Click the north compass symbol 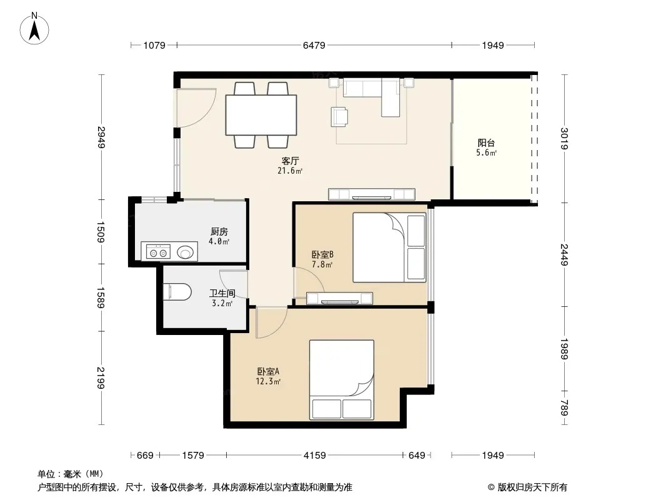pos(34,29)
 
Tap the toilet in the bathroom pos(177,292)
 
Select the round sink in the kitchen pos(185,252)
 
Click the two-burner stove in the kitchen pos(159,251)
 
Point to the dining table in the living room pos(261,115)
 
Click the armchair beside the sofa pos(339,116)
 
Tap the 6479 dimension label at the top pos(314,45)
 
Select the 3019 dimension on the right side pos(564,139)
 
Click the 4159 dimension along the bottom pos(315,456)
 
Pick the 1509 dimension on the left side pos(101,231)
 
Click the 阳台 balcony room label pos(486,142)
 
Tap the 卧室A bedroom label pos(268,371)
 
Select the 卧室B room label pos(323,254)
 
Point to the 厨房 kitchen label pos(219,231)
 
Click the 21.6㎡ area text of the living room pos(290,171)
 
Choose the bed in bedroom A pos(342,380)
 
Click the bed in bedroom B pos(389,247)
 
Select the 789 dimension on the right pos(564,407)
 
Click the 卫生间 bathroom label pos(222,293)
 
